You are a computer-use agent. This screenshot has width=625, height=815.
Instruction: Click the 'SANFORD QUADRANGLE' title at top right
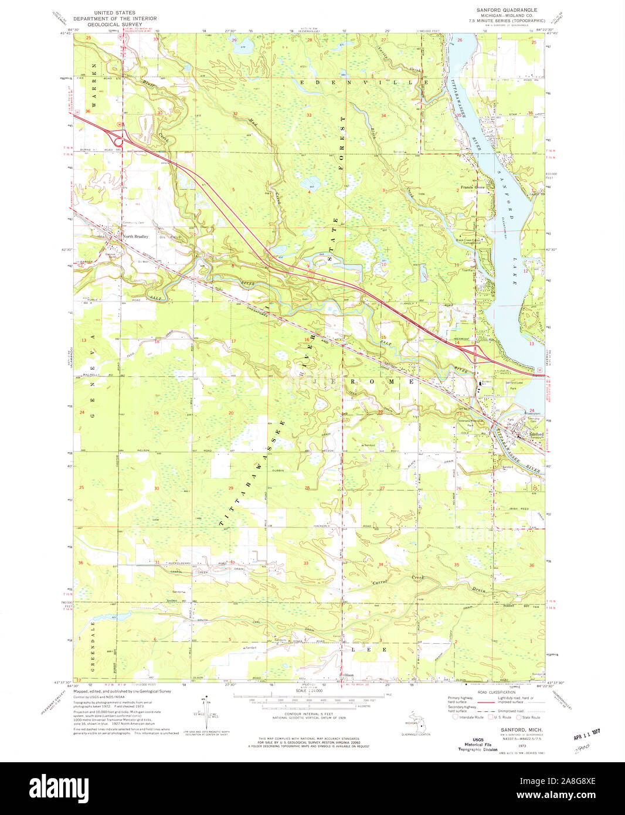pos(507,12)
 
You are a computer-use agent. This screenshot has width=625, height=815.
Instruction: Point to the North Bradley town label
pos(135,237)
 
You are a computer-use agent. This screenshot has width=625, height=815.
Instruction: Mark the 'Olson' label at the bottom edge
pos(350,675)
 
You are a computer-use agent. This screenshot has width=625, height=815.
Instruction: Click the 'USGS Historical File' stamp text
pos(478,745)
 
